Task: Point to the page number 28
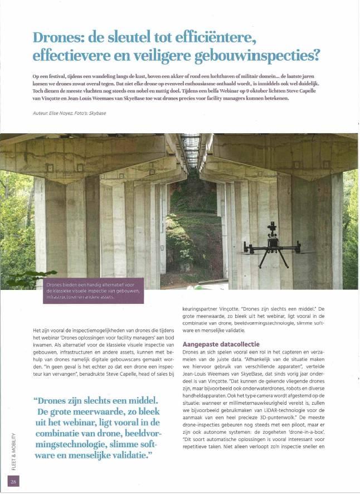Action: point(13,481)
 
